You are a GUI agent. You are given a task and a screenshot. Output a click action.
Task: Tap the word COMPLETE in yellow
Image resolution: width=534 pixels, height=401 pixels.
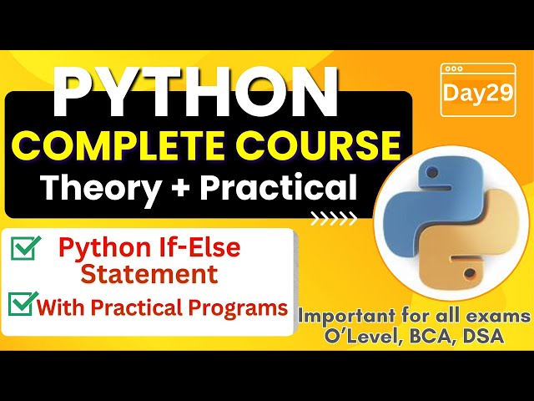120,145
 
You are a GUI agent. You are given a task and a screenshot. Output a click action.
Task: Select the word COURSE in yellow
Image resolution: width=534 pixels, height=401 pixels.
325,145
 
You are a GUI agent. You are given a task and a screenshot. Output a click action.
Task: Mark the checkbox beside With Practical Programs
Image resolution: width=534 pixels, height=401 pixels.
19,306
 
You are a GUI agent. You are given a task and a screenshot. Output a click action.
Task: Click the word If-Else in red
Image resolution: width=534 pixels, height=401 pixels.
201,247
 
